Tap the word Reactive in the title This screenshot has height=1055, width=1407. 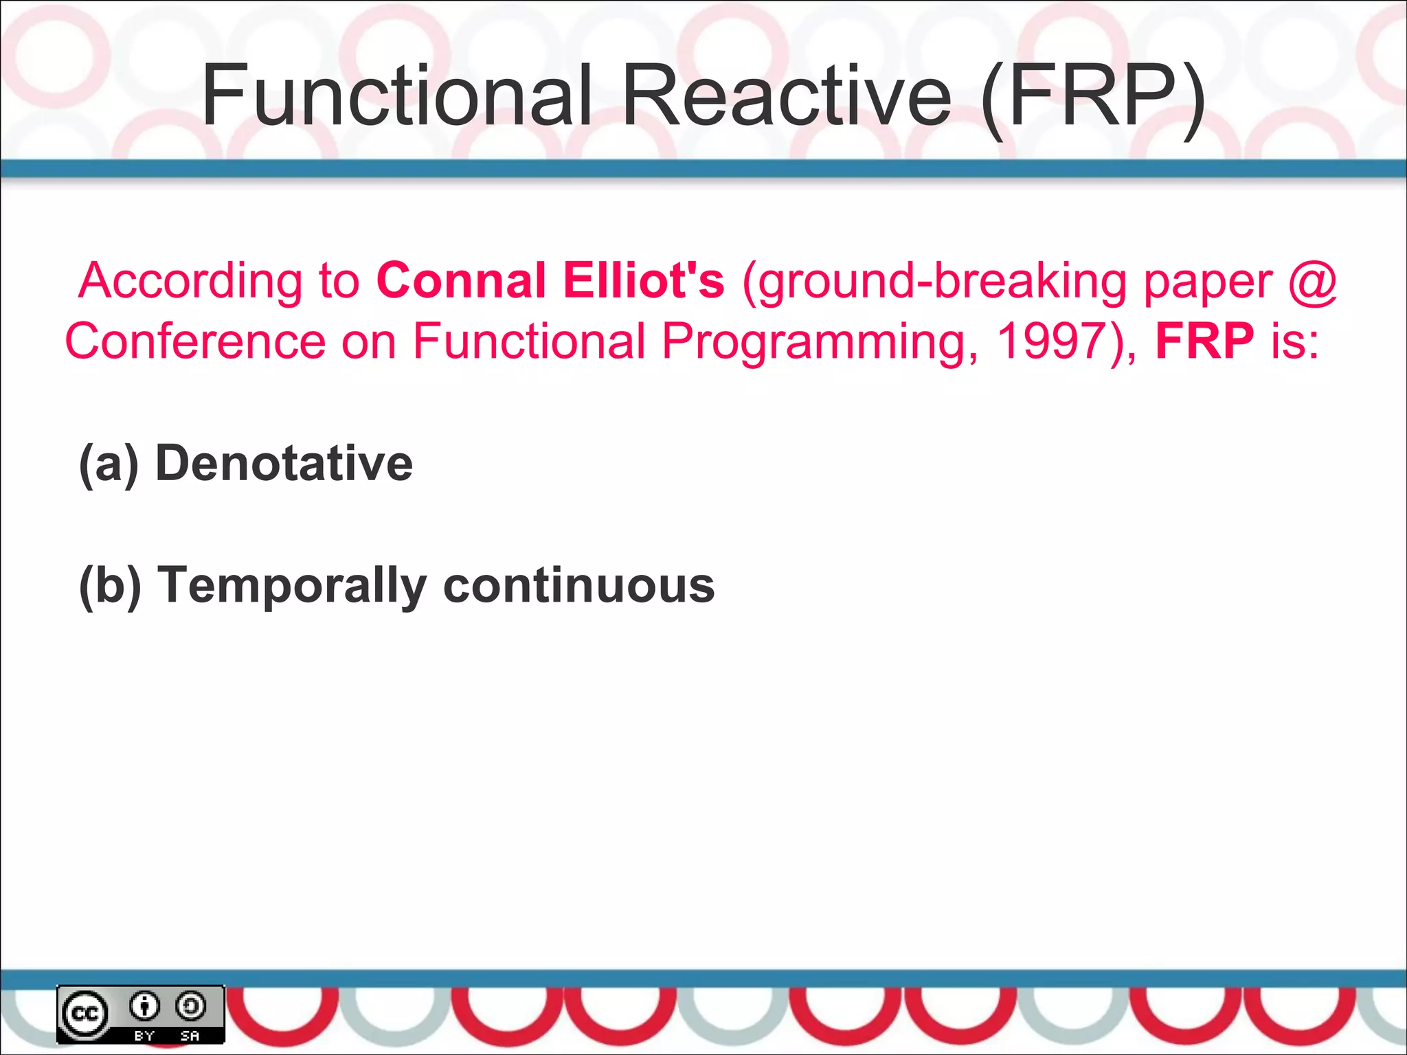coord(786,96)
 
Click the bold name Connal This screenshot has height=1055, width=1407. coord(461,281)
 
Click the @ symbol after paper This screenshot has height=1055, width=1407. coord(1312,282)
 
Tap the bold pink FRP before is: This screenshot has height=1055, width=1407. coord(1204,341)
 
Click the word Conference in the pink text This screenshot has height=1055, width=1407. coord(195,341)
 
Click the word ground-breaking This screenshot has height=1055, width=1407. coord(934,282)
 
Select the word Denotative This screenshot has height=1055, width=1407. coord(284,464)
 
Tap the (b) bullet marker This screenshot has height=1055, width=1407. coord(110,586)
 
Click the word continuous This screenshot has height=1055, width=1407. coord(578,586)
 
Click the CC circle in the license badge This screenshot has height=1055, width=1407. coord(85,1013)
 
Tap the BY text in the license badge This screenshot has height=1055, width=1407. coord(144,1035)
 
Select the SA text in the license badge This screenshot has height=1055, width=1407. coord(190,1035)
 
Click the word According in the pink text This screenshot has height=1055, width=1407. coord(190,282)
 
